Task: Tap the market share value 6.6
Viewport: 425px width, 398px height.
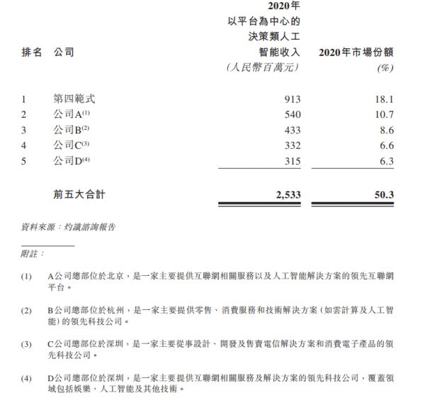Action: click(387, 146)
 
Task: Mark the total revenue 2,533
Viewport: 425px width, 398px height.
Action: click(287, 193)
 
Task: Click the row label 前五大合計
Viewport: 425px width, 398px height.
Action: click(84, 193)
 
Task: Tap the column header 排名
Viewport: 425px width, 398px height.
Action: click(33, 52)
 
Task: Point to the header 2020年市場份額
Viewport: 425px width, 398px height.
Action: click(356, 52)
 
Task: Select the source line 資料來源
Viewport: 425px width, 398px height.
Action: click(68, 228)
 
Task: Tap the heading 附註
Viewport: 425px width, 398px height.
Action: click(33, 253)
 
